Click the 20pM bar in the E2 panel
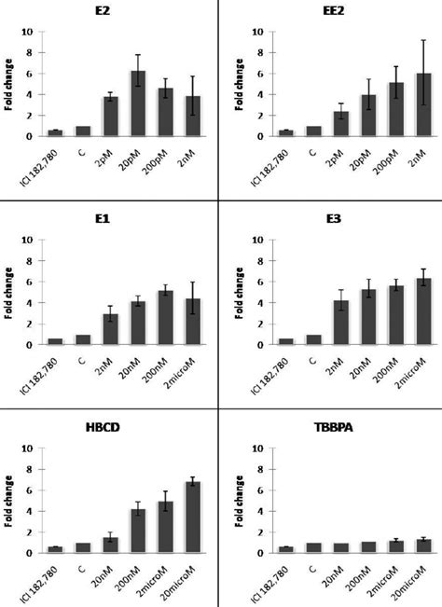click(x=138, y=103)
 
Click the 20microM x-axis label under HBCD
click(x=190, y=580)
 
